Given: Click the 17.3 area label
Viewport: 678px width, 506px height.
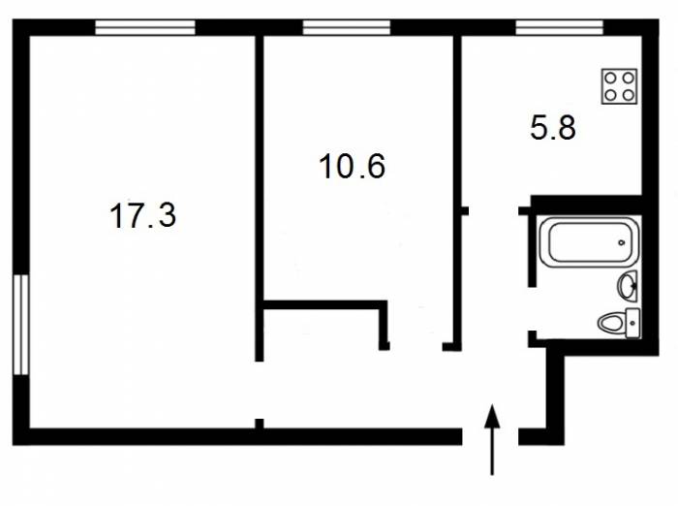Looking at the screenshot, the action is pos(143,215).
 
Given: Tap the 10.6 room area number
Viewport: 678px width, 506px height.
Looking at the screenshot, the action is pos(352,166).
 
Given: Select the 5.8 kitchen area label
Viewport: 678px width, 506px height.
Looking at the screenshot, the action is pos(553,128).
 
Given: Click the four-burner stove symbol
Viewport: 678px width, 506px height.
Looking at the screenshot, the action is pos(619,86).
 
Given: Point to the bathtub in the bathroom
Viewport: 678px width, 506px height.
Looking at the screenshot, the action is pos(589,242).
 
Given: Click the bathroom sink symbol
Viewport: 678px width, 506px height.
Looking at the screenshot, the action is pos(628,285).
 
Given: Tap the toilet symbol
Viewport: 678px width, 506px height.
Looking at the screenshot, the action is pos(619,323).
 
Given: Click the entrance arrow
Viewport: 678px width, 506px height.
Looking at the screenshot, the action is pos(492,439).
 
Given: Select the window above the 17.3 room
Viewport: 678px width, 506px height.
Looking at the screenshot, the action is pos(145,27).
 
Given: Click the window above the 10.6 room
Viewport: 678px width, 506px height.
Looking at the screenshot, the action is pos(347,27).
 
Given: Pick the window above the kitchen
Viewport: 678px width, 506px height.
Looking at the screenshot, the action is pos(559,27).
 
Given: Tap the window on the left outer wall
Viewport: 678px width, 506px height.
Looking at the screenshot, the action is pos(20,325).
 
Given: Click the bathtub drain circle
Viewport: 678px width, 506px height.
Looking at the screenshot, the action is pos(622,242).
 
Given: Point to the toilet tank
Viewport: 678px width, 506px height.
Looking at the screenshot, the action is pos(633,323).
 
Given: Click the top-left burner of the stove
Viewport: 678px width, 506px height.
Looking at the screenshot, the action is pos(610,79).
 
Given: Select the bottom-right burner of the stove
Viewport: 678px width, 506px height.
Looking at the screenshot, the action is pos(629,95).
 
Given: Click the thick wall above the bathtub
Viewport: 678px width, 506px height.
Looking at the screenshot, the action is pos(586,206).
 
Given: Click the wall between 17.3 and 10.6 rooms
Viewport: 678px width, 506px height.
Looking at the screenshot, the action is pos(259,199).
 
